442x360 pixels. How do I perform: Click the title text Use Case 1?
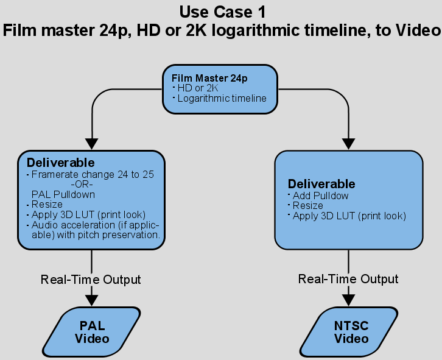pyautogui.click(x=223, y=12)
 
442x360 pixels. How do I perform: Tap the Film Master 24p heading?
pyautogui.click(x=209, y=78)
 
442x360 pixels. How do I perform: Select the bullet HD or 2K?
pyautogui.click(x=198, y=88)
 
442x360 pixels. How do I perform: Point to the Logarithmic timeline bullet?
pyautogui.click(x=222, y=99)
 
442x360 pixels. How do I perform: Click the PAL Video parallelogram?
pyautogui.click(x=91, y=332)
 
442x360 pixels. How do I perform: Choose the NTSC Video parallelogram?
pyautogui.click(x=349, y=332)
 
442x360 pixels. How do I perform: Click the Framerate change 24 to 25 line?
pyautogui.click(x=93, y=175)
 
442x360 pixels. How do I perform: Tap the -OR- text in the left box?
pyautogui.click(x=82, y=185)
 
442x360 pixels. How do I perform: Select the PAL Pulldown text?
pyautogui.click(x=63, y=195)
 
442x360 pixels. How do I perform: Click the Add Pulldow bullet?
pyautogui.click(x=320, y=196)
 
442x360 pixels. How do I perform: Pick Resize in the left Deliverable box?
pyautogui.click(x=47, y=204)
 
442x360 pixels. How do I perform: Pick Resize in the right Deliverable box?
pyautogui.click(x=308, y=206)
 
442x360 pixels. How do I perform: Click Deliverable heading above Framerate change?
pyautogui.click(x=61, y=163)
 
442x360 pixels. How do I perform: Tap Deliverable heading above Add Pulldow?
pyautogui.click(x=321, y=184)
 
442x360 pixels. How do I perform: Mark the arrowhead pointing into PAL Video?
pyautogui.click(x=91, y=300)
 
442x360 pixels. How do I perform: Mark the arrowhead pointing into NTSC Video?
pyautogui.click(x=349, y=300)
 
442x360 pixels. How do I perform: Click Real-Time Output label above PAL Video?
pyautogui.click(x=91, y=280)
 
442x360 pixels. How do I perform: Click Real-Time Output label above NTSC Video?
pyautogui.click(x=348, y=280)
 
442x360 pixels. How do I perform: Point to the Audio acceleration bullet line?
pyautogui.click(x=96, y=230)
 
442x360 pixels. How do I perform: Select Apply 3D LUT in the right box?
pyautogui.click(x=349, y=216)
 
